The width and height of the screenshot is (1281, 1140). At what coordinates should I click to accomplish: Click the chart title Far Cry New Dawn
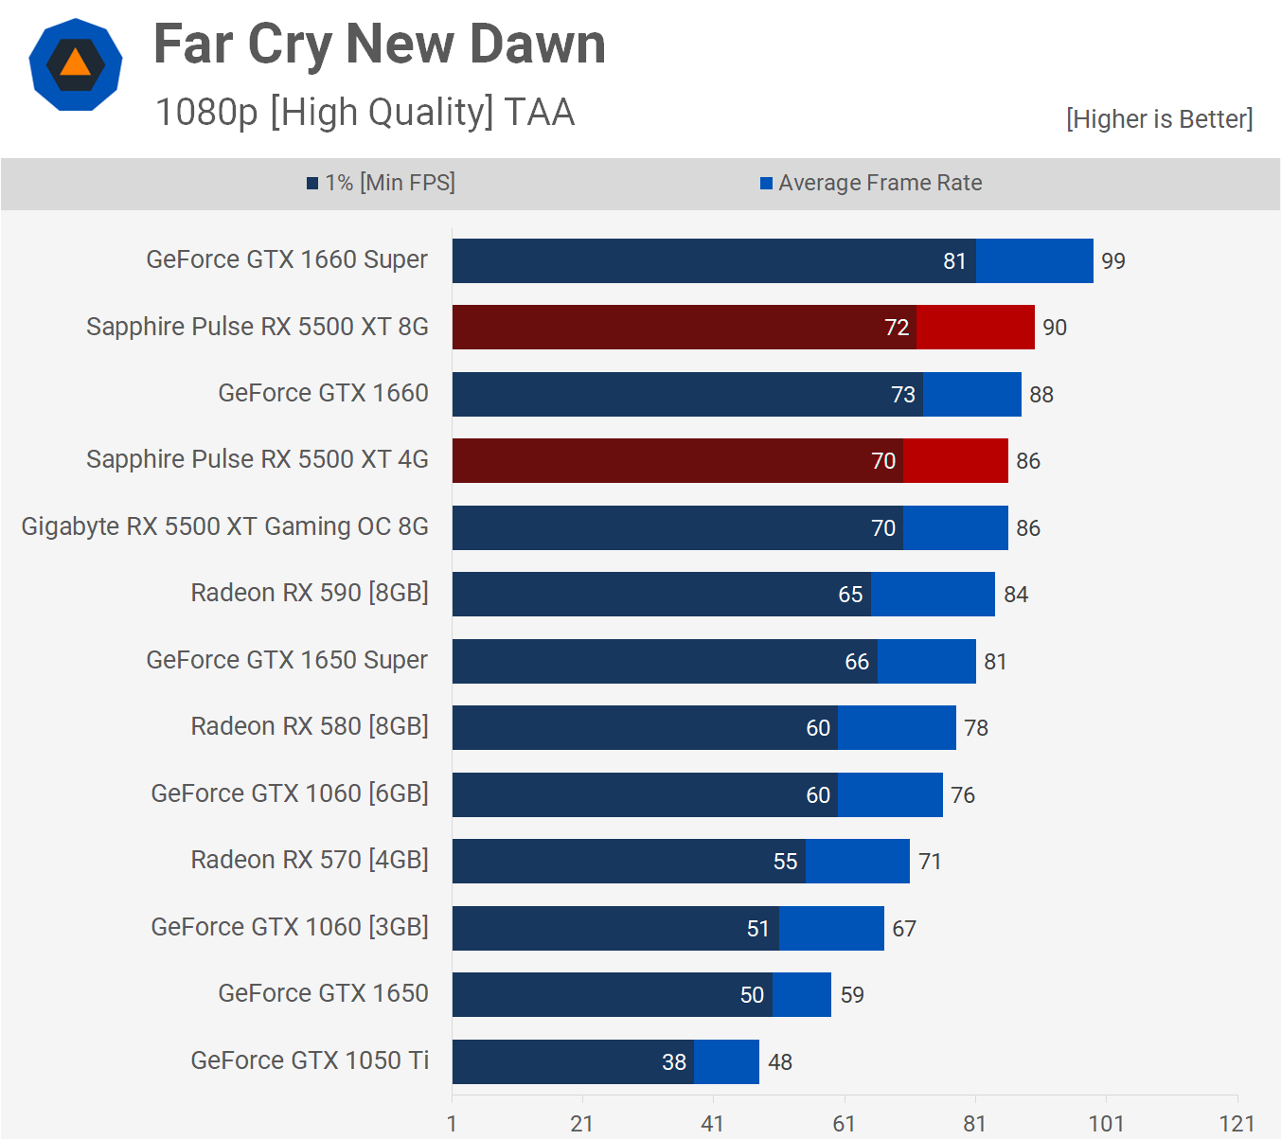[x=380, y=45]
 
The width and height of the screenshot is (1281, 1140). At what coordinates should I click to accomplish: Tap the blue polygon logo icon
[x=76, y=64]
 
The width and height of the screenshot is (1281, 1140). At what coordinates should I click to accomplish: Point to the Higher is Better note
[x=1159, y=119]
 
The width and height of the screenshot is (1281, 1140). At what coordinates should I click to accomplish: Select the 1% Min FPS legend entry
[x=381, y=183]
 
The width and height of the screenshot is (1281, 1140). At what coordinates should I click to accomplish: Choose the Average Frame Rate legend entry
[x=871, y=183]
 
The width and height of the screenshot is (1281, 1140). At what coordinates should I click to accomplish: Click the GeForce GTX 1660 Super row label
[x=287, y=260]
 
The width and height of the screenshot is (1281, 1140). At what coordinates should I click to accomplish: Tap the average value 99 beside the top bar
[x=1113, y=261]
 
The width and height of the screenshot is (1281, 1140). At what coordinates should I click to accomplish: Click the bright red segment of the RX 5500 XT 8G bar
[x=975, y=328]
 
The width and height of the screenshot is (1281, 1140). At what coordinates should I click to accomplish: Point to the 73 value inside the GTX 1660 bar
[x=903, y=395]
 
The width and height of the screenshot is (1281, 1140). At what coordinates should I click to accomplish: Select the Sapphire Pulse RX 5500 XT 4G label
[x=258, y=460]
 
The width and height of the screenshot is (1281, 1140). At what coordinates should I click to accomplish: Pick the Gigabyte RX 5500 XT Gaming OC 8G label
[x=225, y=526]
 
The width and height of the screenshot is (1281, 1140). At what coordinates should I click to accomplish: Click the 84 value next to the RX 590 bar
[x=1016, y=595]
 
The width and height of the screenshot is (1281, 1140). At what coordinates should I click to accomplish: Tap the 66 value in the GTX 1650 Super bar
[x=857, y=662]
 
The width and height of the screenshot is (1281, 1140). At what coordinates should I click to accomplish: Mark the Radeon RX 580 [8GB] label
[x=310, y=726]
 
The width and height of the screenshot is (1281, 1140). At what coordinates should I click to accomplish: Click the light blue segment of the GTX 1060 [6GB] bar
[x=890, y=794]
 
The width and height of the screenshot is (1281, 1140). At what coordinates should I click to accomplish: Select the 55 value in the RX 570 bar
[x=786, y=862]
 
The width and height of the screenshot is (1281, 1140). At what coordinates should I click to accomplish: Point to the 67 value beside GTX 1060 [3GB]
[x=904, y=929]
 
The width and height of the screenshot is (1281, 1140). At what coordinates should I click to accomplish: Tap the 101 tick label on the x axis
[x=1106, y=1124]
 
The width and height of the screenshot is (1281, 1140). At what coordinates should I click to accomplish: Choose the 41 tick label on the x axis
[x=713, y=1124]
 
